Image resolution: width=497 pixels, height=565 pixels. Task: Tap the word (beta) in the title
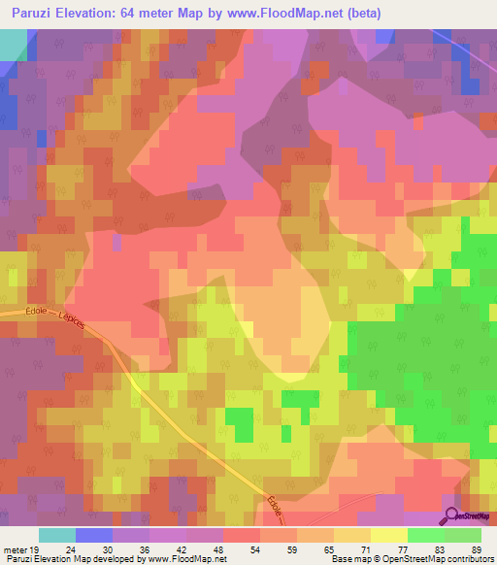coord(360,14)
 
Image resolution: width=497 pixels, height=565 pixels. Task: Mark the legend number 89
coord(476,549)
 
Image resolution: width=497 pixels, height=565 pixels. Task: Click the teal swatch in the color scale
coord(57,535)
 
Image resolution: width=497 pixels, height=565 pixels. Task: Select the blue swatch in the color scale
coord(94,535)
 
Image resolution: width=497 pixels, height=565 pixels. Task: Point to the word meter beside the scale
coord(14,549)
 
